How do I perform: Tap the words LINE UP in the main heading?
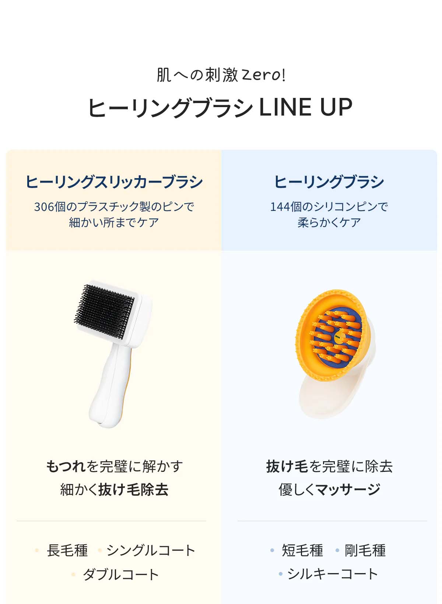pyautogui.click(x=305, y=107)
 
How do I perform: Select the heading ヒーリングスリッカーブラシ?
pyautogui.click(x=114, y=182)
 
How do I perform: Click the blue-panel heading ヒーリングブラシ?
pyautogui.click(x=329, y=182)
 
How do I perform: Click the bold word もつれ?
pyautogui.click(x=66, y=466)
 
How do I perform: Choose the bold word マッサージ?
pyautogui.click(x=348, y=490)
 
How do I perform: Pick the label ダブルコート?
pyautogui.click(x=120, y=574)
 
